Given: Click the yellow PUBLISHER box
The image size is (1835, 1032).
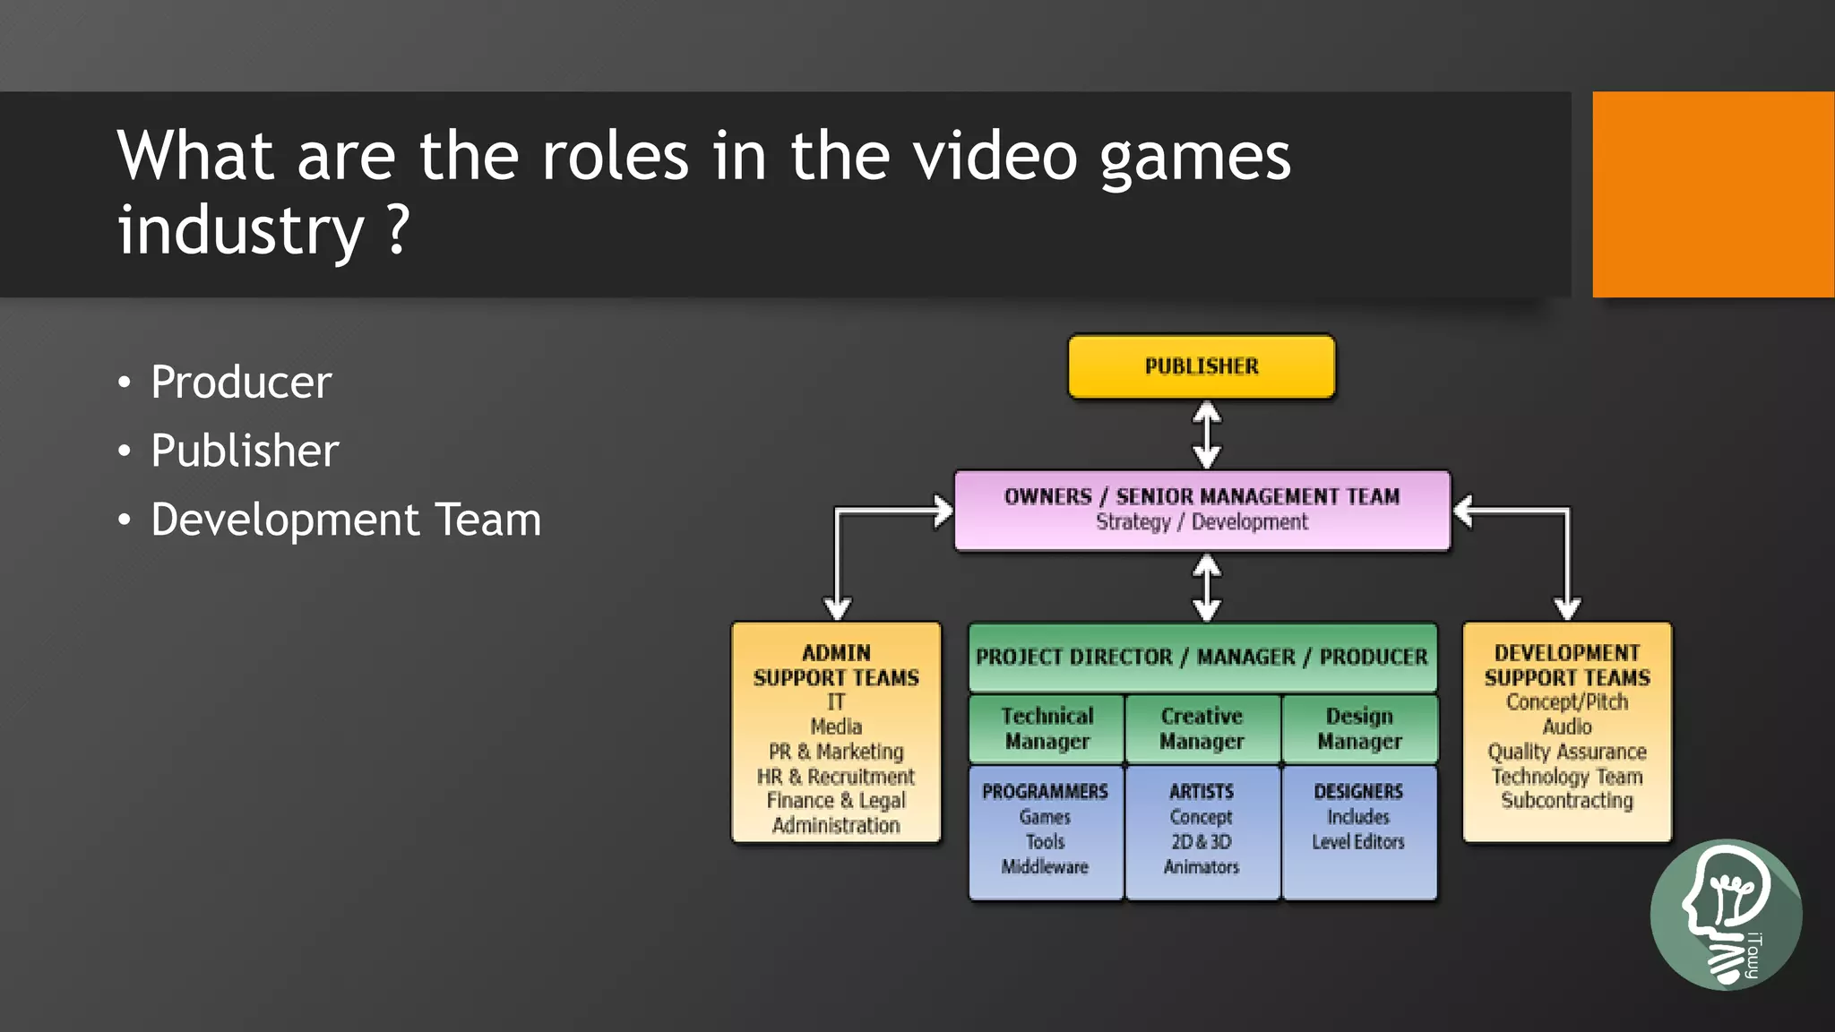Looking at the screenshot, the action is [1202, 366].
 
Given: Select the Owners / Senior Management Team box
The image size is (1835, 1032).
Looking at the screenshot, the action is [1202, 509].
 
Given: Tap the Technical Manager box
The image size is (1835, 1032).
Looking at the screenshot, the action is [1047, 728].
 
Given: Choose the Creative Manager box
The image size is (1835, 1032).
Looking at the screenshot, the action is [1202, 728].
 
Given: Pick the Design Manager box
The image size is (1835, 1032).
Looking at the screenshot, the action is [1359, 728].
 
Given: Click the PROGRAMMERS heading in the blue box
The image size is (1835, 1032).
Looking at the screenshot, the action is [1045, 792].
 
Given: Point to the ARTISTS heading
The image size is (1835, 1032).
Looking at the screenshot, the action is [1202, 792].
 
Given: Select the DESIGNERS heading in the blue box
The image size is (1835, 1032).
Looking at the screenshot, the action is [1358, 792].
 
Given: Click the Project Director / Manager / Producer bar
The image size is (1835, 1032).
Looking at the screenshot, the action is [1202, 657].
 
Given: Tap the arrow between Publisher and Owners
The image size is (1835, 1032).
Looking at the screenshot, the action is [1207, 434].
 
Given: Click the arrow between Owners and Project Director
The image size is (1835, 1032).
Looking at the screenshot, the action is [1207, 588].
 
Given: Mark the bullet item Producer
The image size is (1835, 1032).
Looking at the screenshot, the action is [241, 383].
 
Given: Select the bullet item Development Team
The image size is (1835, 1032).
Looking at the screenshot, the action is [346, 520].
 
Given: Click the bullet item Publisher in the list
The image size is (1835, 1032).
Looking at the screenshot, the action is [245, 451].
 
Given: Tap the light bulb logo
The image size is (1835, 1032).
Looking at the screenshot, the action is [1726, 914].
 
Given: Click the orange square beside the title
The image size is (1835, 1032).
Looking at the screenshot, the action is [1713, 194].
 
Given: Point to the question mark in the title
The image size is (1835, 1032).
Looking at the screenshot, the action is [399, 229].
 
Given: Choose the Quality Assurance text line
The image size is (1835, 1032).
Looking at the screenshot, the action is [1567, 752].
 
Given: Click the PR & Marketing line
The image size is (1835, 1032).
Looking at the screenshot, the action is [836, 752].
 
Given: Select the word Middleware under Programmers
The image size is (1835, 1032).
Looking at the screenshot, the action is [1045, 866].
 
